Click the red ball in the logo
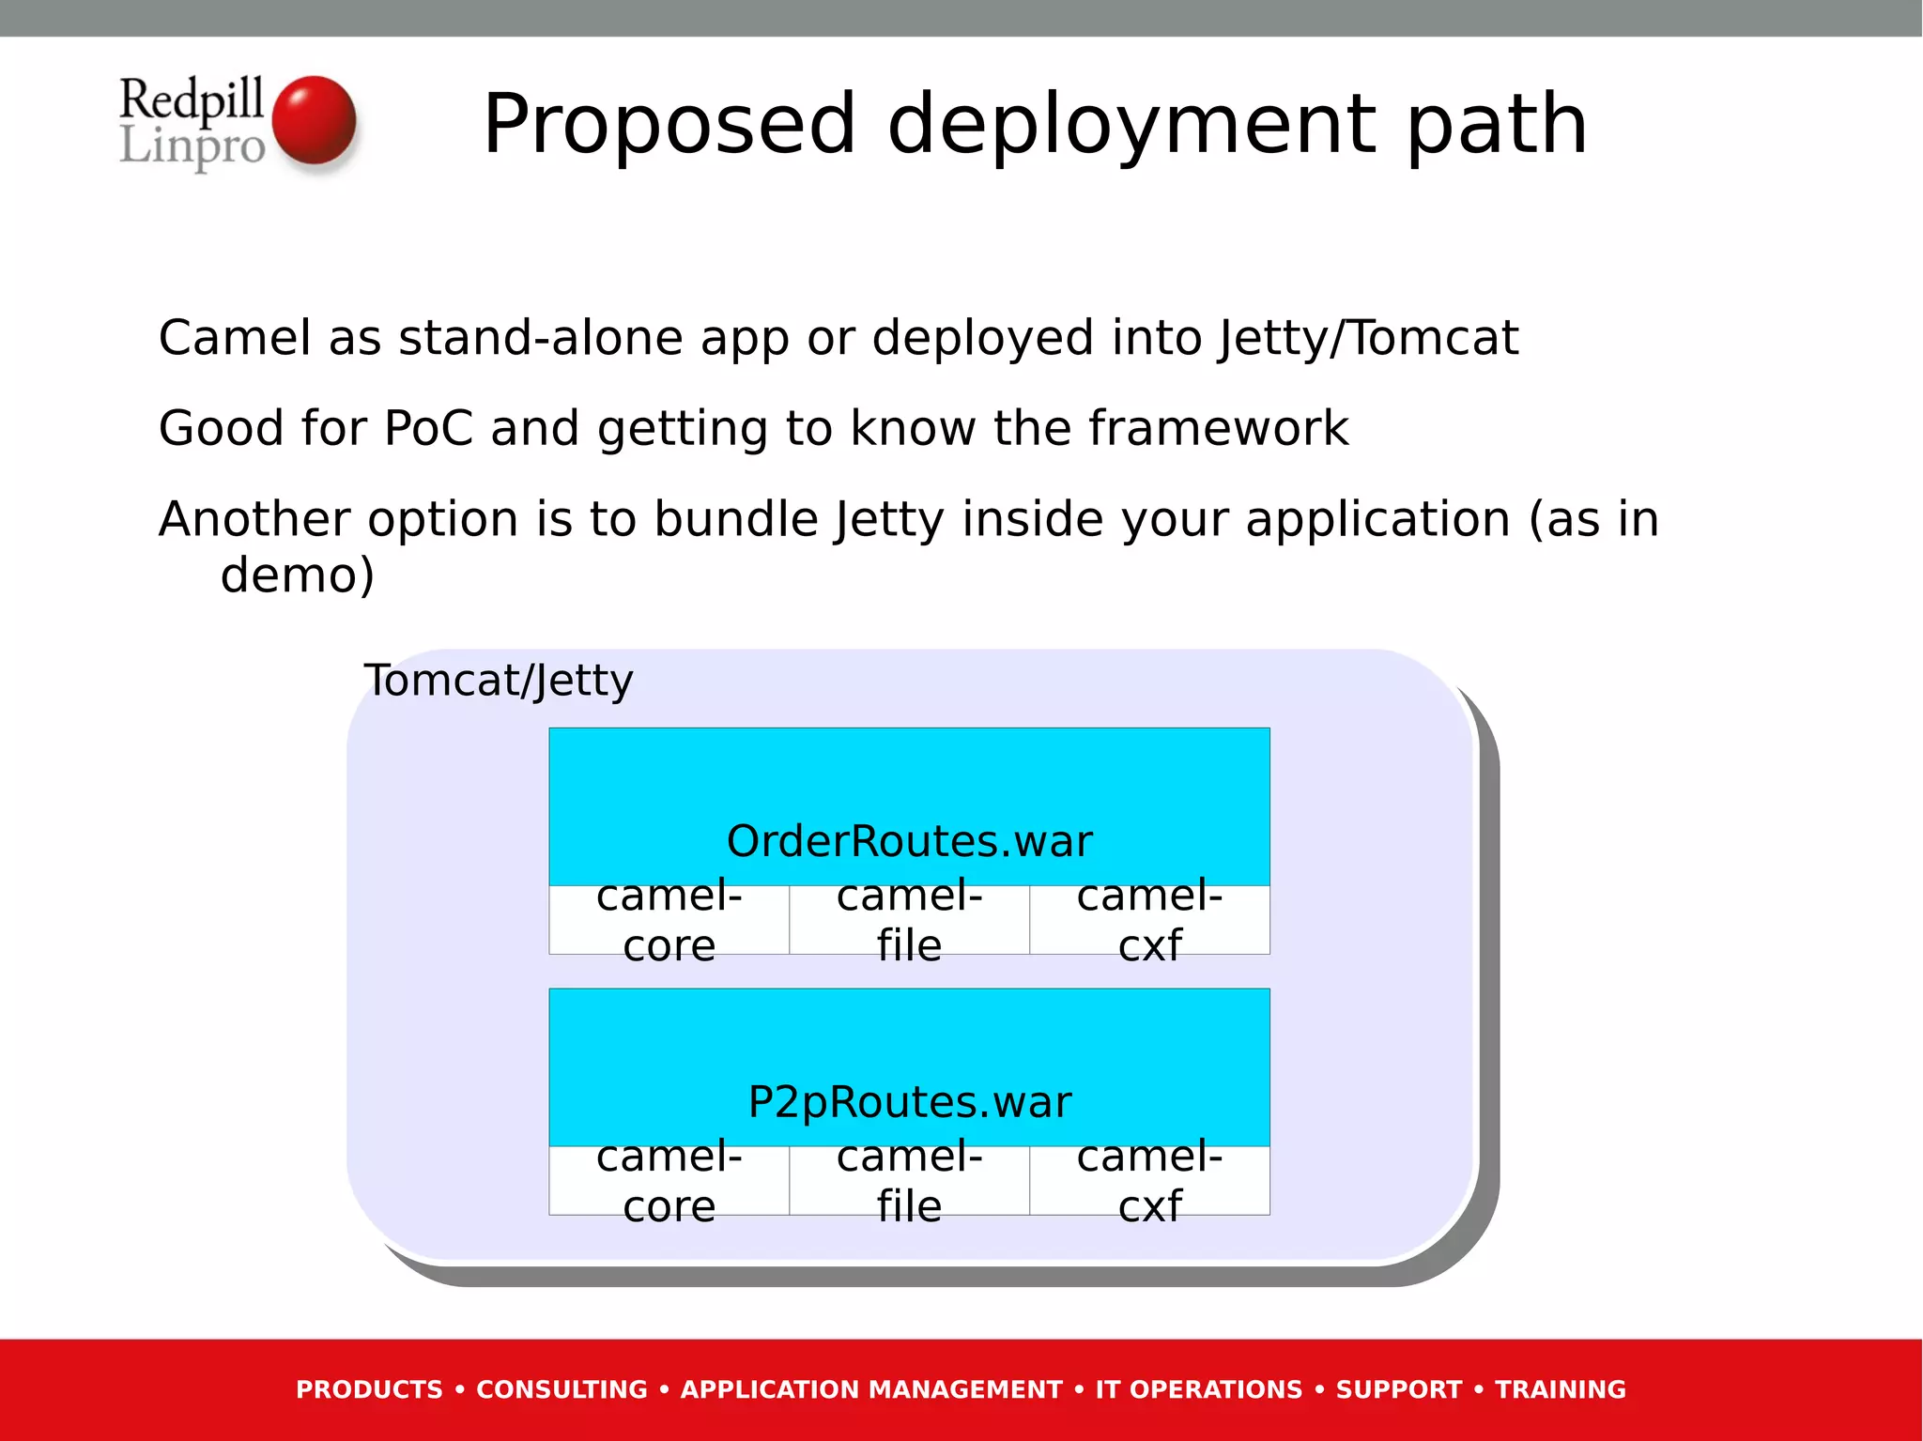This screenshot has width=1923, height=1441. coord(314,120)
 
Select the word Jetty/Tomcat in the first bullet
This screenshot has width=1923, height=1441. coord(1368,338)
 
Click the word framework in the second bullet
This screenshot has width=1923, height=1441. coord(1218,429)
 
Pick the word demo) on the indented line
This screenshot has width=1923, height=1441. coord(297,575)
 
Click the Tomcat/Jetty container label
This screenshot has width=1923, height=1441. coord(499,681)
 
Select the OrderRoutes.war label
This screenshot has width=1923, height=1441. coord(909,841)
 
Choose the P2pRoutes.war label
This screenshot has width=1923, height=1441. coord(909,1102)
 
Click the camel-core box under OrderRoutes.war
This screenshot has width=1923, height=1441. coord(669,920)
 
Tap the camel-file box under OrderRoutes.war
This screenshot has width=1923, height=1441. coord(909,920)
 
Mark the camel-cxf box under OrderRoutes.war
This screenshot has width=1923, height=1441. coord(1149,920)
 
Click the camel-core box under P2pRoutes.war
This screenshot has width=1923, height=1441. coord(669,1181)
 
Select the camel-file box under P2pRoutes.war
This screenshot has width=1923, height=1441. coord(909,1181)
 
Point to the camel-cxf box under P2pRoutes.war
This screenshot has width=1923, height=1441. coord(1149,1181)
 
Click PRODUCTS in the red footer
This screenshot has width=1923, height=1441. coord(369,1389)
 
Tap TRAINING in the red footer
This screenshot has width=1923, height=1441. coord(1560,1389)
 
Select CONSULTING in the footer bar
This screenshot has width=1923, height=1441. coord(562,1389)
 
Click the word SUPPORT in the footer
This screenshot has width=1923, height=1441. coord(1398,1389)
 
